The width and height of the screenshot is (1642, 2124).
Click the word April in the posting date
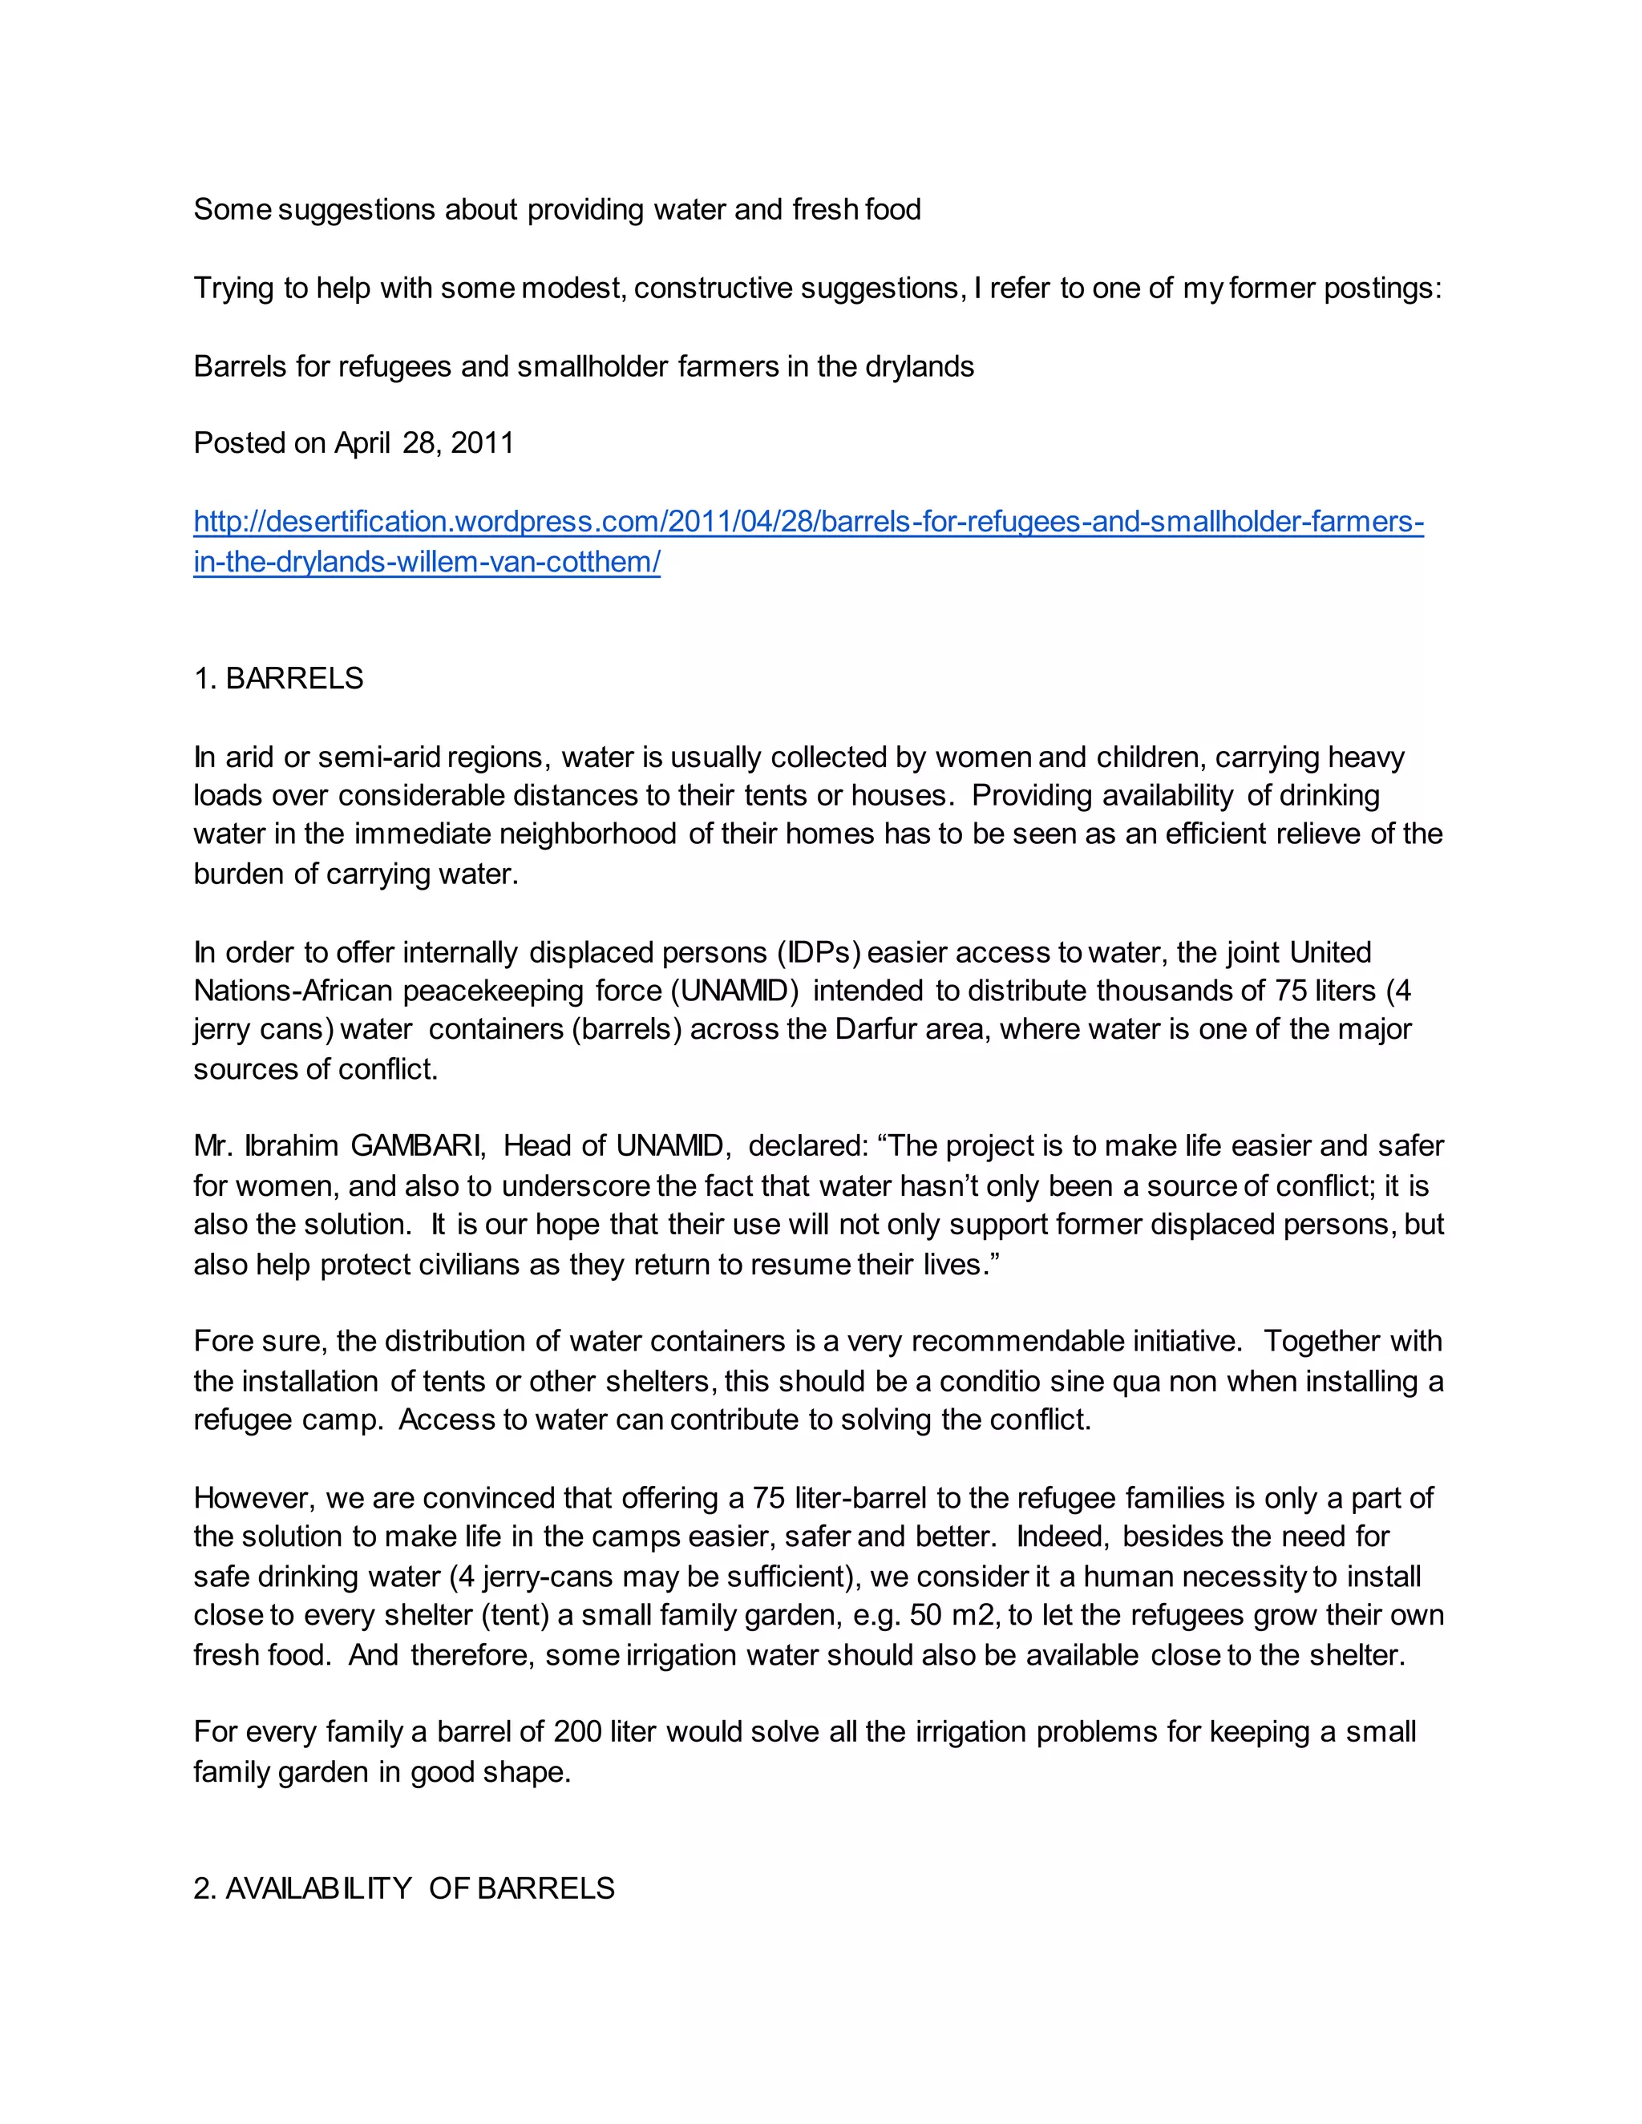point(362,443)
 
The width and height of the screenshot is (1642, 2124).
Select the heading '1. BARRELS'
point(278,679)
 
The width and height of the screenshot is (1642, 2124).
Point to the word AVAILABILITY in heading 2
point(319,1888)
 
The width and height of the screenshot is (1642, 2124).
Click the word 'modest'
point(572,289)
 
